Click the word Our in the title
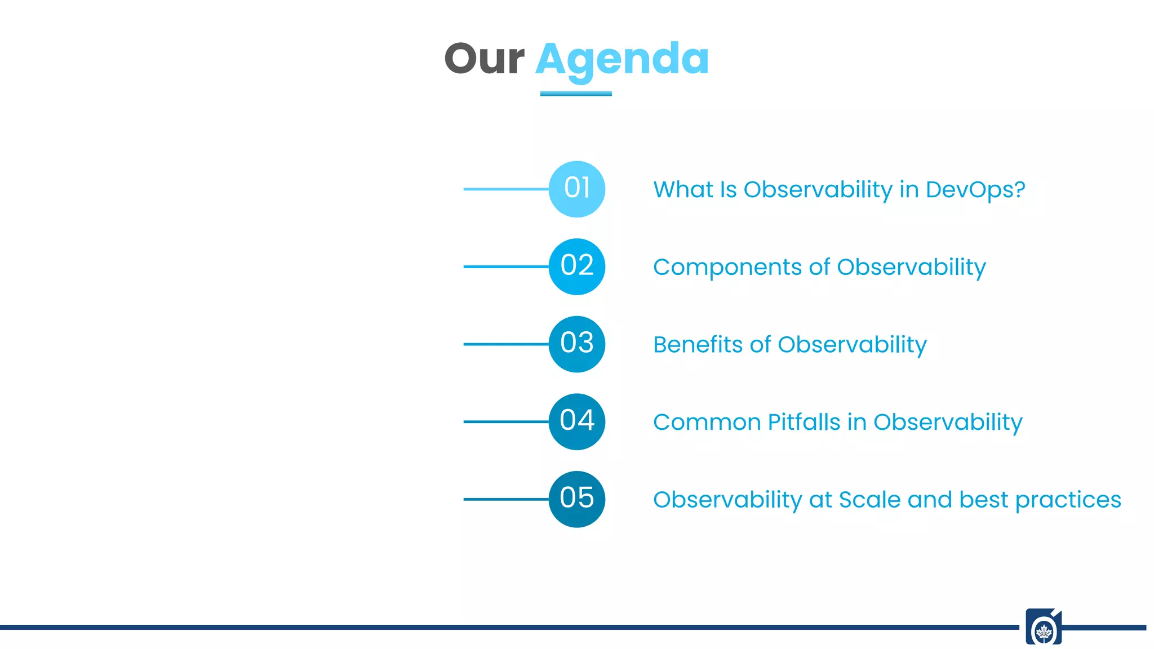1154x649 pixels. coord(484,59)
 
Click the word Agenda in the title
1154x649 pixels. coord(622,59)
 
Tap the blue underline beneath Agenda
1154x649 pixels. coord(576,94)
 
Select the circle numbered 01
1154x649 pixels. coord(576,189)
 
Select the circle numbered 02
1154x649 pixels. coord(576,266)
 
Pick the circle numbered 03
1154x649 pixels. coord(576,344)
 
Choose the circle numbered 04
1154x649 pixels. coord(576,421)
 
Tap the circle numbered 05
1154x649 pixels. coord(576,499)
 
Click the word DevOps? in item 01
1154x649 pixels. coord(975,190)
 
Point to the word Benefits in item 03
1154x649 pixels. coord(698,345)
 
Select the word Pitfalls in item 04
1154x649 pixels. coord(804,423)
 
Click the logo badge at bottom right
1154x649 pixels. coord(1044,626)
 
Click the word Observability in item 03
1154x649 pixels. coord(852,345)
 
